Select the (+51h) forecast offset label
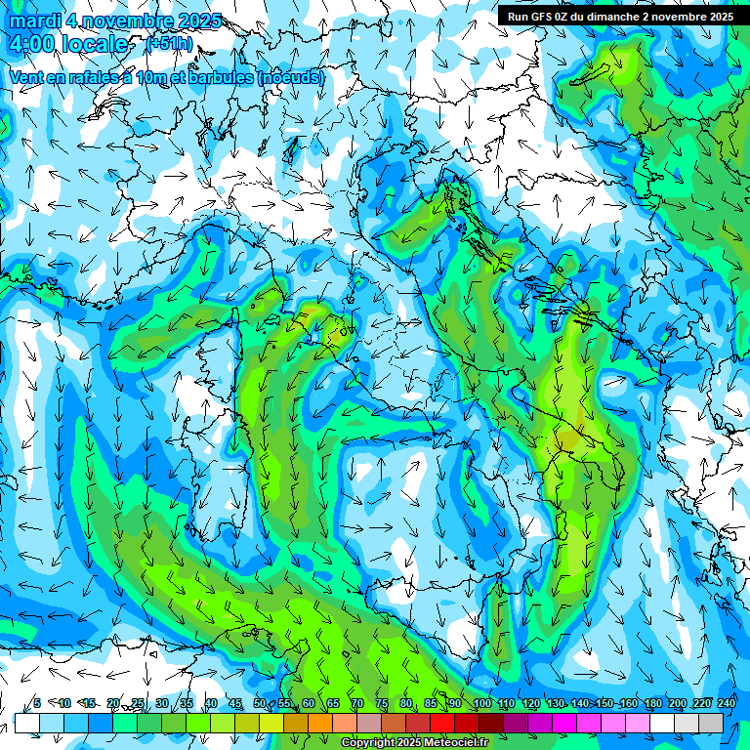(169, 44)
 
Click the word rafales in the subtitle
(92, 77)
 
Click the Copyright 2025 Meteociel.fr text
(414, 743)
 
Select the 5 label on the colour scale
(36, 703)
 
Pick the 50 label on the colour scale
(260, 703)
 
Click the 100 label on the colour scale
(481, 703)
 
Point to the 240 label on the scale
(727, 703)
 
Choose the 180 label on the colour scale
(652, 703)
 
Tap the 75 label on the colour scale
(382, 703)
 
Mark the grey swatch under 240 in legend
(711, 723)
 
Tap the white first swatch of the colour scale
(26, 723)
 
